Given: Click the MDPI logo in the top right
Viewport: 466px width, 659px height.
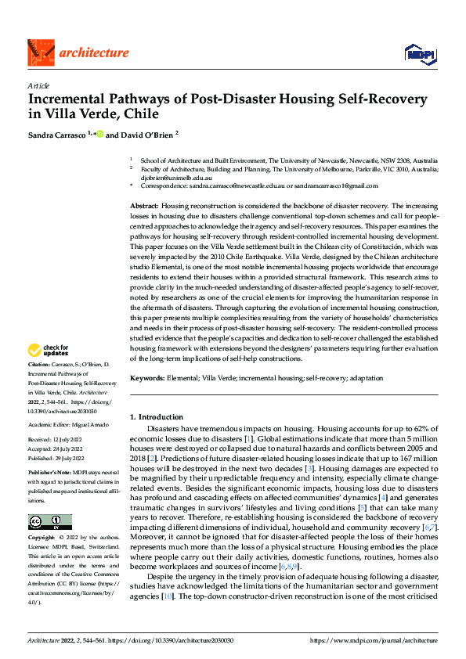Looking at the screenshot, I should [419, 52].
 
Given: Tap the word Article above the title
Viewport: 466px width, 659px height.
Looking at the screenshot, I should [38, 85].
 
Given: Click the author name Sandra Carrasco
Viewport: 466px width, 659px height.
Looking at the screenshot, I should [57, 135].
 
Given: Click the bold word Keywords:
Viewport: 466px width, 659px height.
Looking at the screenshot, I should [147, 378].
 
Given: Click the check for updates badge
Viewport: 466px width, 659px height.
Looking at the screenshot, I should [49, 351].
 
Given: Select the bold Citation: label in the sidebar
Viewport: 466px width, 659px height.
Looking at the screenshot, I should [39, 365].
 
